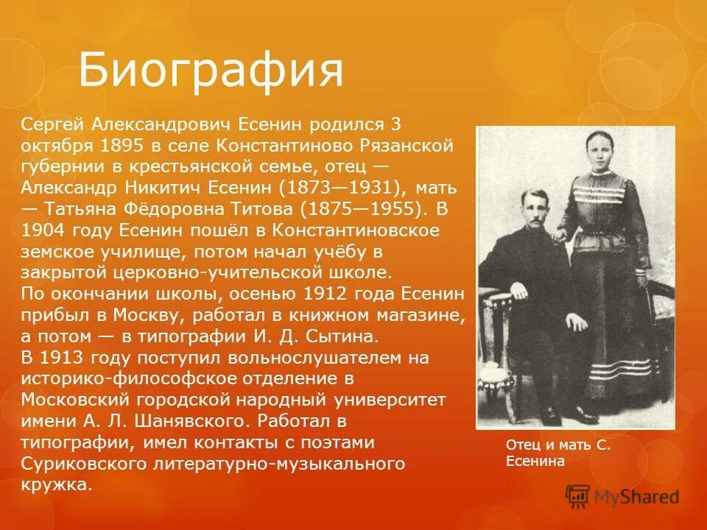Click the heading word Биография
211,71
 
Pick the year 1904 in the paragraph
45,230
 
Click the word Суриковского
82,464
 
